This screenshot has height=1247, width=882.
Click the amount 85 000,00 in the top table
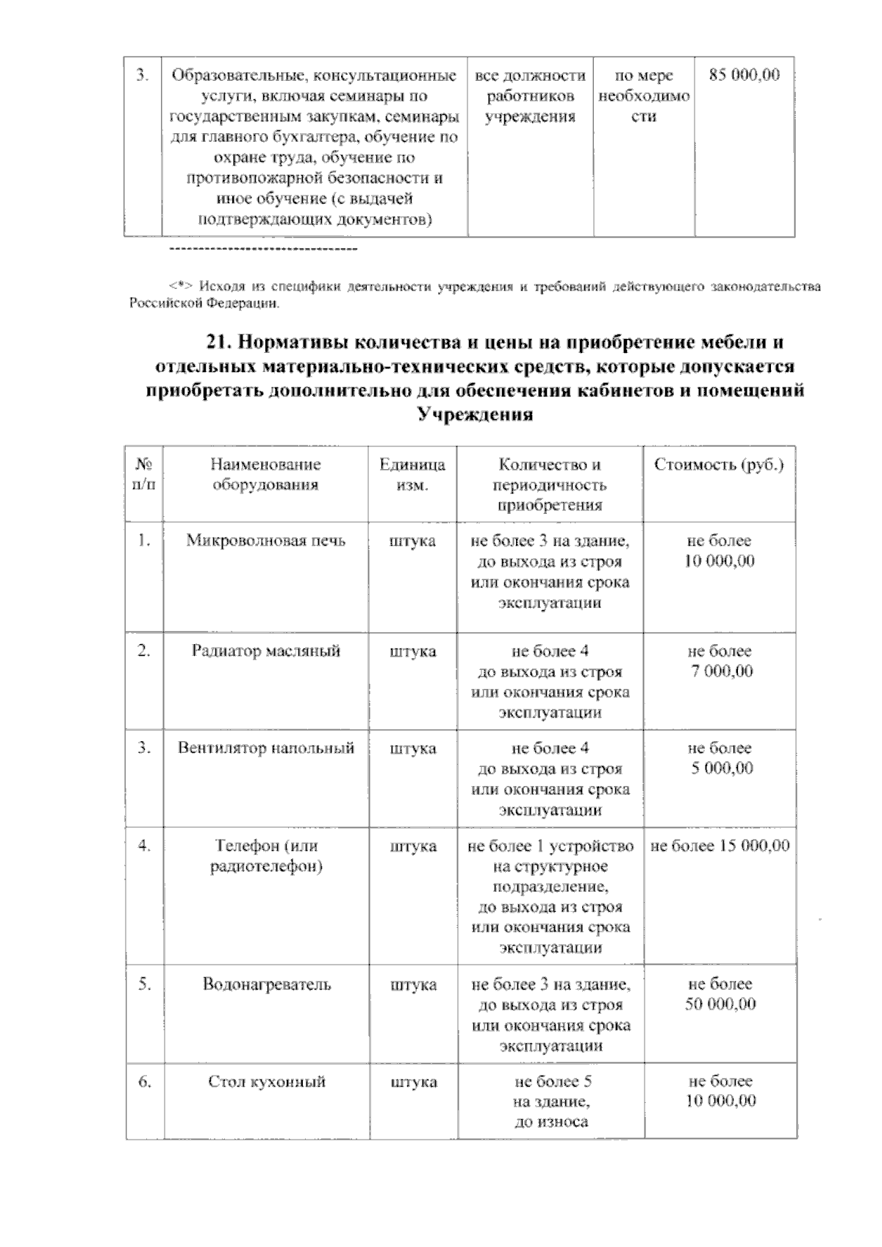click(x=744, y=76)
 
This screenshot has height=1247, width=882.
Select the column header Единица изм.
click(x=412, y=475)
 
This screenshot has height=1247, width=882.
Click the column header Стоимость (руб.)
click(x=719, y=465)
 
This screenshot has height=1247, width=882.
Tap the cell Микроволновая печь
click(x=265, y=541)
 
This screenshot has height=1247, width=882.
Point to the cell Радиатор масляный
click(x=265, y=651)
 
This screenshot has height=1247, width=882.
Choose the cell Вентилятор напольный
click(x=265, y=748)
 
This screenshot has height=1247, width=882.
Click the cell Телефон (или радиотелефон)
click(x=265, y=857)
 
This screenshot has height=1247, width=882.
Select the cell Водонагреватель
click(x=267, y=985)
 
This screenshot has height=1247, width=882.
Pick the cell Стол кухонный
click(x=267, y=1082)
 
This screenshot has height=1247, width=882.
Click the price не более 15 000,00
click(x=720, y=846)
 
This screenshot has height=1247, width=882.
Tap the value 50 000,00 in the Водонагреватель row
click(x=720, y=1005)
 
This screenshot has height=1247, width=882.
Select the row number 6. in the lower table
click(x=145, y=1082)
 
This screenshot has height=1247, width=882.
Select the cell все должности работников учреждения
click(x=530, y=96)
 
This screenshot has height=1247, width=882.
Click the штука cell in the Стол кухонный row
click(x=413, y=1082)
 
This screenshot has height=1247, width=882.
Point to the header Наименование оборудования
click(x=265, y=475)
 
